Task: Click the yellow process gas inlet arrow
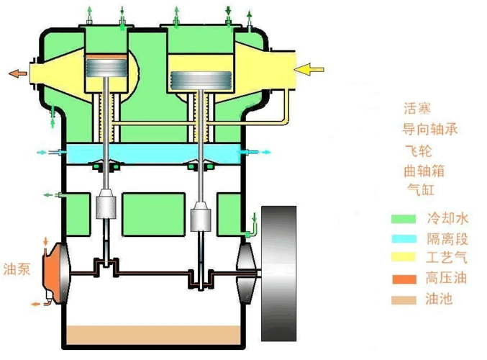tap(309, 69)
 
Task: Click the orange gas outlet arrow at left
tap(18, 73)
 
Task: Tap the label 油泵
tap(17, 269)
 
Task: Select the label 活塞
tap(417, 108)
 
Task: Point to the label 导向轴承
tap(430, 129)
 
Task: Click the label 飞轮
tap(419, 150)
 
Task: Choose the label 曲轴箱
tap(424, 171)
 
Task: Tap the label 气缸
tap(421, 189)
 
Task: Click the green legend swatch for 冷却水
tap(403, 219)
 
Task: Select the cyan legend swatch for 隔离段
tap(404, 239)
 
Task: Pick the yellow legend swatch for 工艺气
tap(403, 257)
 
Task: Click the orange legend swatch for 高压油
tap(404, 279)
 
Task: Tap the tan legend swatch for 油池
tap(404, 300)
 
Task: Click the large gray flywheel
tap(278, 274)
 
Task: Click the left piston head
tap(106, 68)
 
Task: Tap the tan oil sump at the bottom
tap(154, 335)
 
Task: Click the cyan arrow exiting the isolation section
tap(266, 152)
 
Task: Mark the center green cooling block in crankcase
tap(154, 215)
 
